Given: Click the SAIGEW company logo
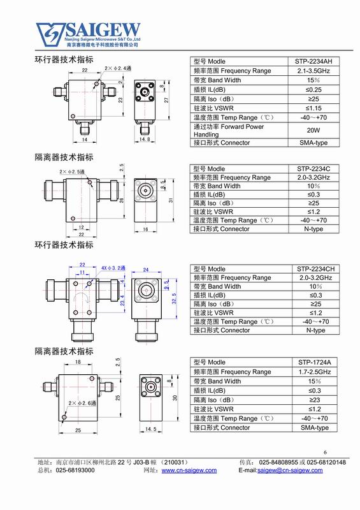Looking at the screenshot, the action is click(x=89, y=34).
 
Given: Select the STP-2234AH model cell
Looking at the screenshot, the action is click(x=313, y=61).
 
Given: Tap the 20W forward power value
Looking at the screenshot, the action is click(x=313, y=130).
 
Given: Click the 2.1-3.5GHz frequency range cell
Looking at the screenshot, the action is click(x=313, y=71).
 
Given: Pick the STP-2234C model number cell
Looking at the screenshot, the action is click(x=313, y=169).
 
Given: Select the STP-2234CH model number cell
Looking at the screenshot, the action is click(x=315, y=269).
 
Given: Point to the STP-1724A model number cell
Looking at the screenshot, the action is click(x=315, y=362).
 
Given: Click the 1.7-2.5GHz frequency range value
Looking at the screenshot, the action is click(x=315, y=372).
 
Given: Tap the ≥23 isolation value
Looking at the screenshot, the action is click(x=315, y=400).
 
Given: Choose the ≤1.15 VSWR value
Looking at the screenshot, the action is click(x=313, y=108).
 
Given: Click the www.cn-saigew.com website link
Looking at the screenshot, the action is click(x=189, y=470).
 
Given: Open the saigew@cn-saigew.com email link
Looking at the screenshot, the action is click(x=290, y=470).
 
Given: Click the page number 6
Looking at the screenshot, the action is click(x=325, y=452).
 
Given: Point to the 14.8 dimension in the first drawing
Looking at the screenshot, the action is click(x=145, y=139).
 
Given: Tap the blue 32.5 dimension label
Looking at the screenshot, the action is click(x=175, y=298).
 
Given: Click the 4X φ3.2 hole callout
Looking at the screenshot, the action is click(x=113, y=268).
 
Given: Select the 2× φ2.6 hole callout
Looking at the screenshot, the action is click(x=82, y=403).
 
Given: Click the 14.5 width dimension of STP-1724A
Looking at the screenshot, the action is click(x=150, y=429).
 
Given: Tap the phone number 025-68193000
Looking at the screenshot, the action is click(x=75, y=470).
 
